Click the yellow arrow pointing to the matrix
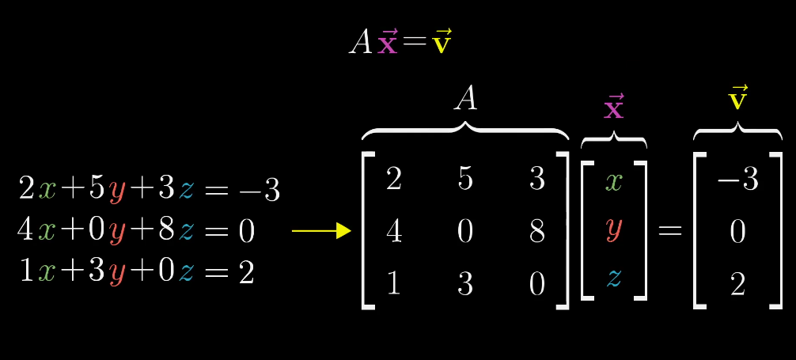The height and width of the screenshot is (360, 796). [x=320, y=230]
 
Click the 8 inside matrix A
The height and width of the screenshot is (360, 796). [x=536, y=230]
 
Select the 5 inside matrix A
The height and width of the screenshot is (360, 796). [x=465, y=180]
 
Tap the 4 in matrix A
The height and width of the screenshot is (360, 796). [x=393, y=230]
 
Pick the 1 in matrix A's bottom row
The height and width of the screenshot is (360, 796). [x=393, y=283]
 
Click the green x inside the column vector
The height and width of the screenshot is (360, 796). [x=614, y=182]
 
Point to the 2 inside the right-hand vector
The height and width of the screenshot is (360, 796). [x=737, y=283]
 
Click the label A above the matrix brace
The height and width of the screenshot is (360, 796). [x=465, y=99]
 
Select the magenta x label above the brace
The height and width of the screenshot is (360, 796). [x=613, y=107]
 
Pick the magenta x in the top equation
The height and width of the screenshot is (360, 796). [x=388, y=42]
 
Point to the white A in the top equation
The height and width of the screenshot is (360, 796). [x=361, y=42]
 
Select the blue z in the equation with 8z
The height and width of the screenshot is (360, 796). [x=187, y=231]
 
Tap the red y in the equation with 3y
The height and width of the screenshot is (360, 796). [x=117, y=274]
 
